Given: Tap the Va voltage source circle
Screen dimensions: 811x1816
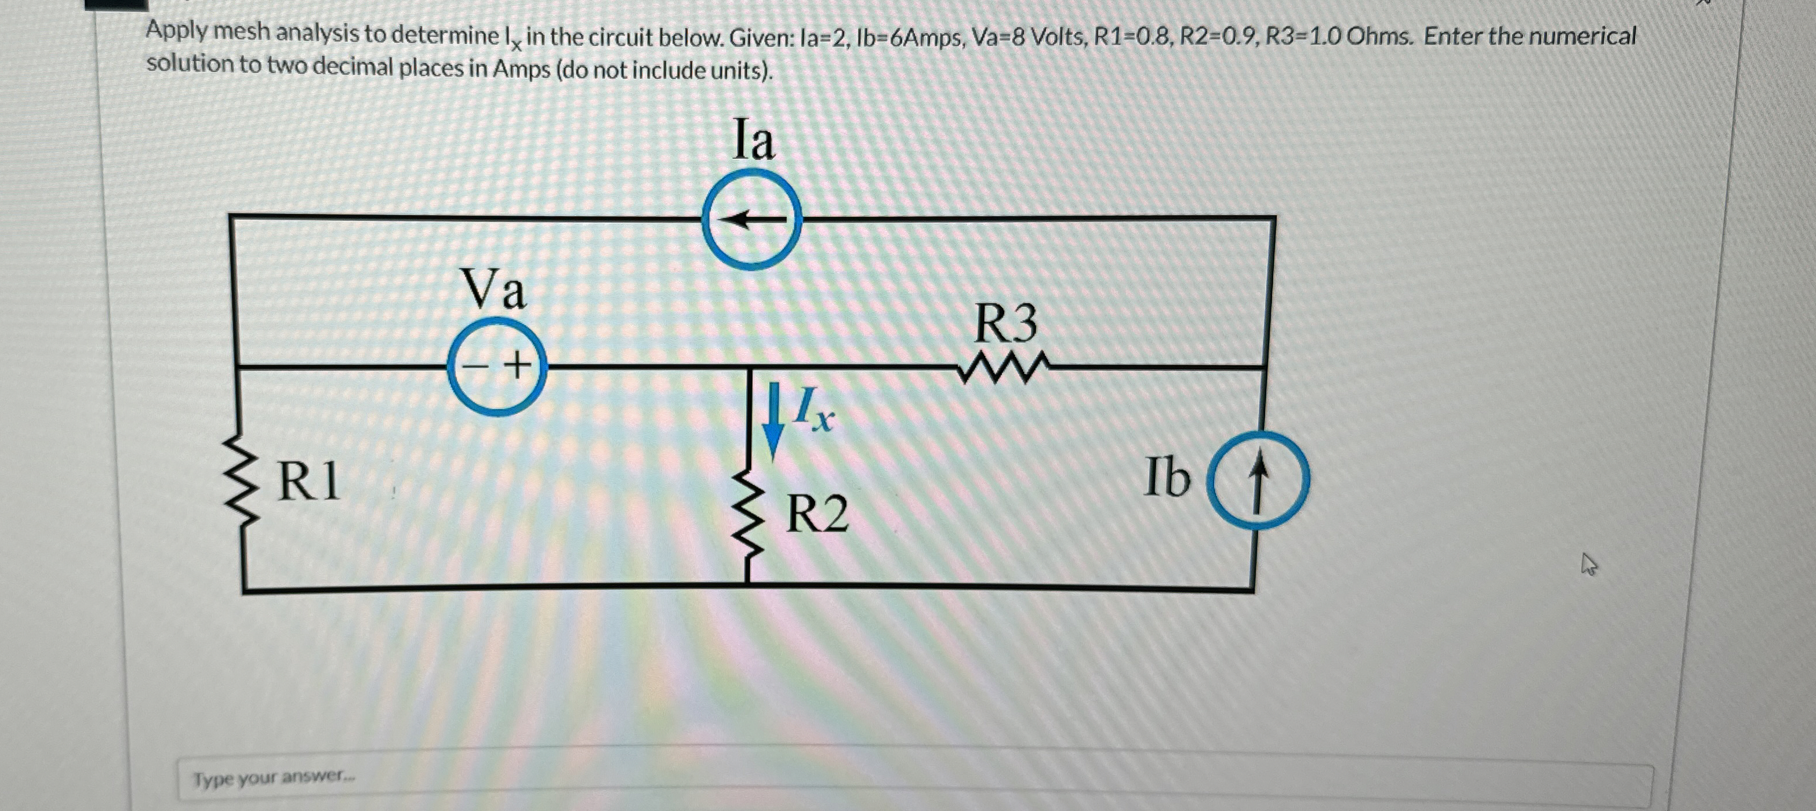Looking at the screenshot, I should (497, 366).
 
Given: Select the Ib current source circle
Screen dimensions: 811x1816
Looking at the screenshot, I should (1258, 479).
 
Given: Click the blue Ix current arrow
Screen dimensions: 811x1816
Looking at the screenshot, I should (773, 420).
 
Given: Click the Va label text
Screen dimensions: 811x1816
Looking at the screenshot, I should (493, 289).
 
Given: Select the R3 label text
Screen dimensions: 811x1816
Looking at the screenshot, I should (1005, 323).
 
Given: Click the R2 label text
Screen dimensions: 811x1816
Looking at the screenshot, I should (816, 514).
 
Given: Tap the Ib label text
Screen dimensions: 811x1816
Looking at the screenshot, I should (1167, 478).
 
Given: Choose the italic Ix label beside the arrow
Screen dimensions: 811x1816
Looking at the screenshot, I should (812, 409).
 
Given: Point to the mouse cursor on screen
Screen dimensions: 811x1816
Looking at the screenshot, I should (1588, 563).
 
